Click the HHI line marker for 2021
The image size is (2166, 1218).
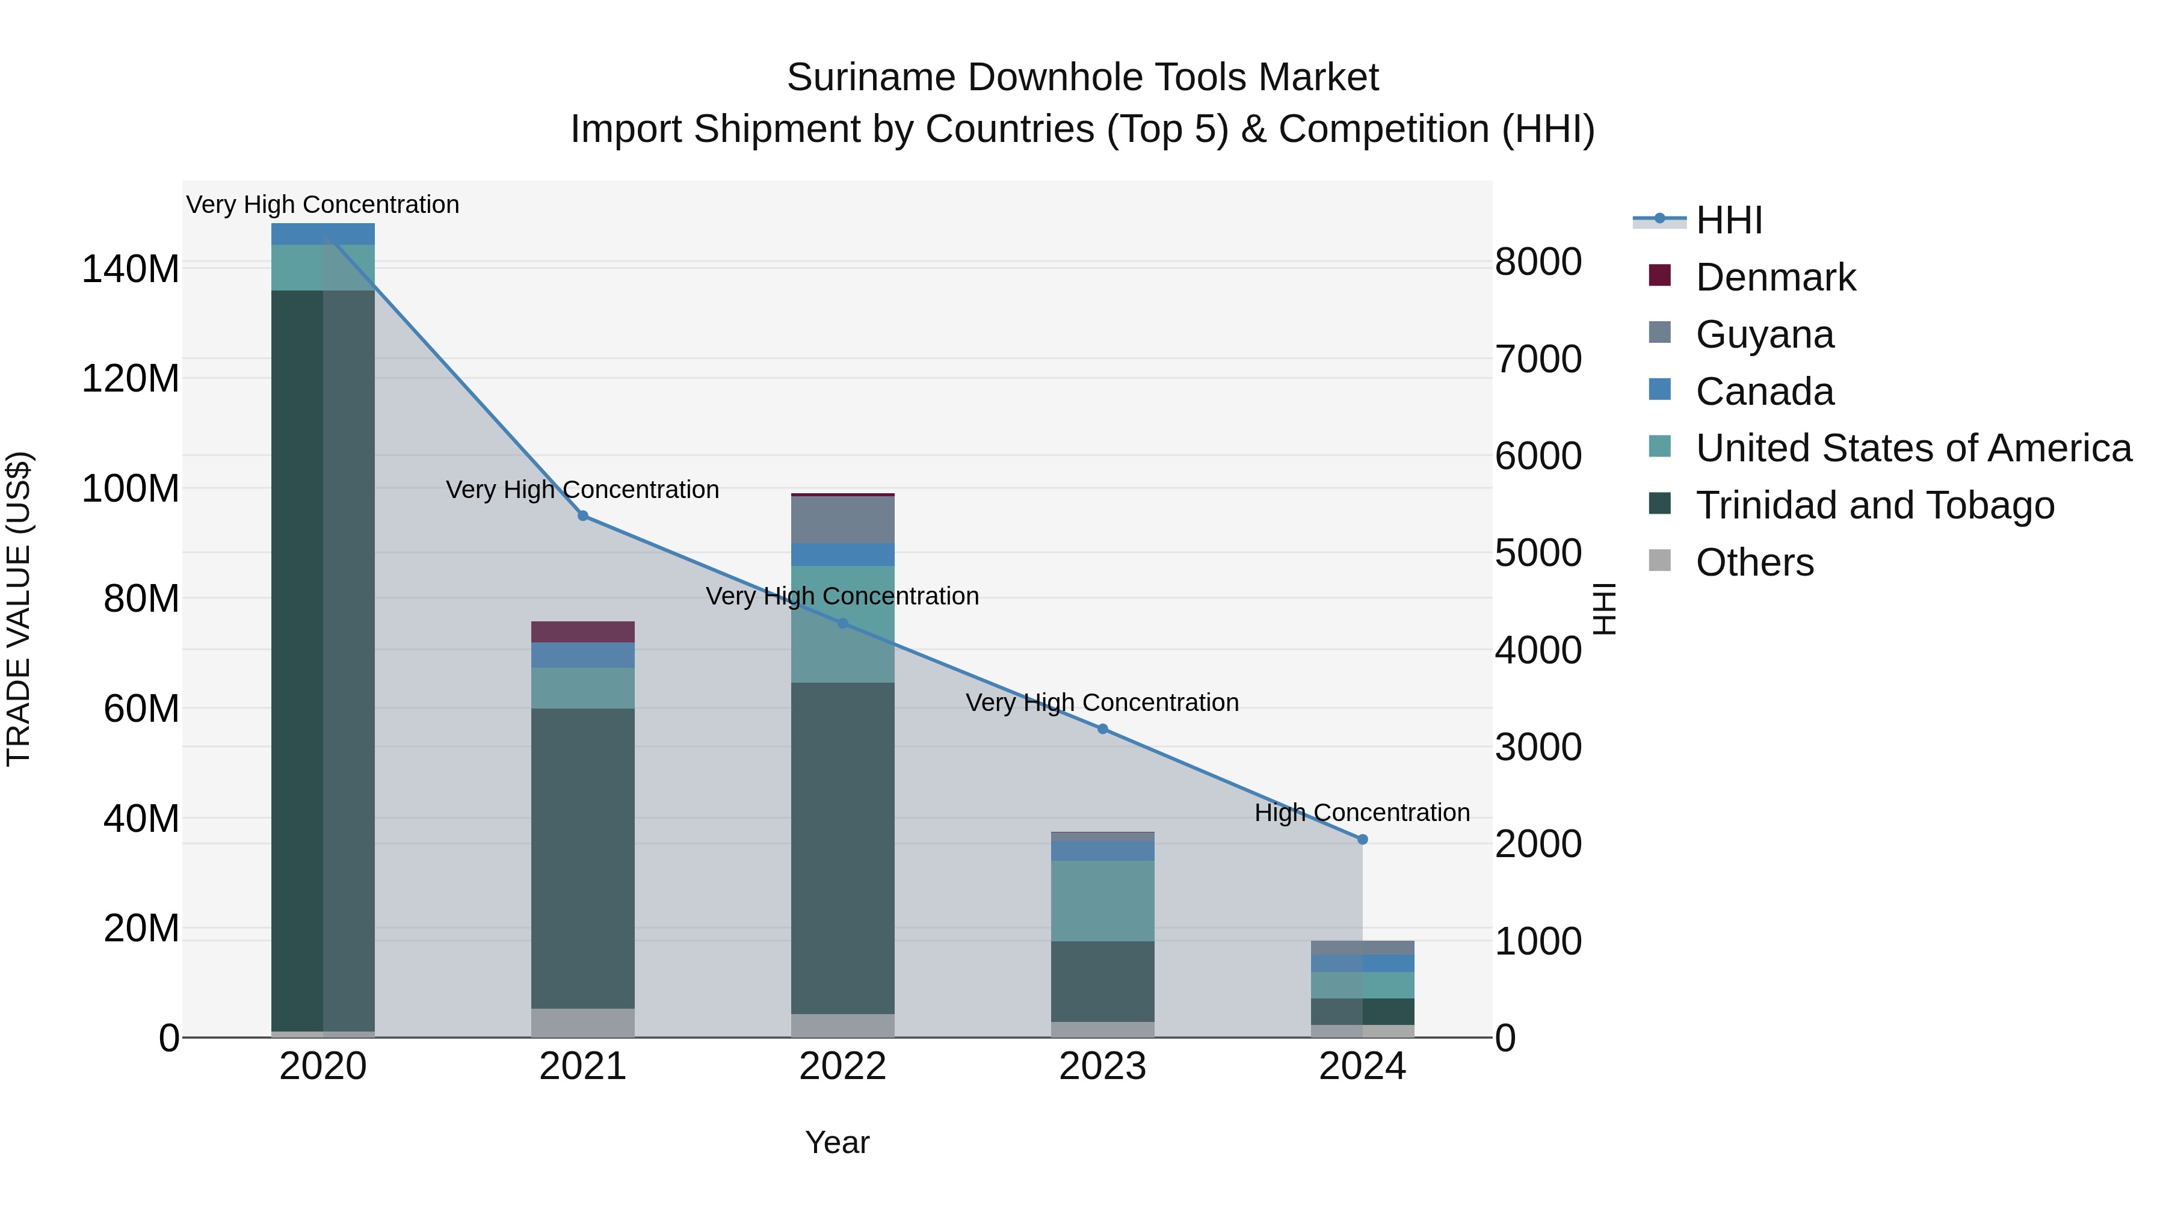tap(582, 516)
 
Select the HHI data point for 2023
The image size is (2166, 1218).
tap(1102, 729)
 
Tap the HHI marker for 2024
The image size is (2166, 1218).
tap(1362, 839)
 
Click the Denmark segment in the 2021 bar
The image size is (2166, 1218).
tap(582, 632)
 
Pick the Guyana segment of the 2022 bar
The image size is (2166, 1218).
tap(842, 520)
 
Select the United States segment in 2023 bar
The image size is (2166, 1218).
tap(1102, 900)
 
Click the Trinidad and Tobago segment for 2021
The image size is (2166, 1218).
tap(582, 857)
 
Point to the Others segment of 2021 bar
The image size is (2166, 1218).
tap(582, 1022)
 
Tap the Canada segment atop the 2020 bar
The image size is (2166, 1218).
tap(323, 234)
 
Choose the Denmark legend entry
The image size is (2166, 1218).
tap(1774, 277)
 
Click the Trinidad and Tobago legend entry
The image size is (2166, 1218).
tap(1874, 505)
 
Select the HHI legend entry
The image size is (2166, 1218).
tap(1728, 220)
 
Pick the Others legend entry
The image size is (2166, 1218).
tap(1754, 562)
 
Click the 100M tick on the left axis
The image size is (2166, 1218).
tap(131, 488)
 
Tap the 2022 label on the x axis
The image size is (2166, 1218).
tap(842, 1066)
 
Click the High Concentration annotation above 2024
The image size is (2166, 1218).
tap(1362, 813)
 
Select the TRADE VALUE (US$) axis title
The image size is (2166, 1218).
tap(19, 609)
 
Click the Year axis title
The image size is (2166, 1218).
tap(837, 1142)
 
